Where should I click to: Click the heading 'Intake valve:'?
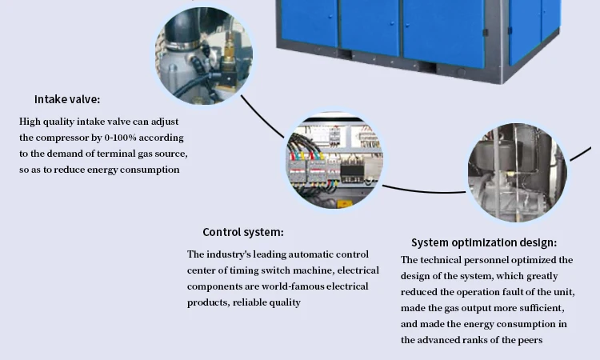67,100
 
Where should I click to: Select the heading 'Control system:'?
242,233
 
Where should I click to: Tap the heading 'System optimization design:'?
484,242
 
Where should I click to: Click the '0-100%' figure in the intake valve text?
131,138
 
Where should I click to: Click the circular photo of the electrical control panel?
333,161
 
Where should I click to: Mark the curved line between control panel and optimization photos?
424,191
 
